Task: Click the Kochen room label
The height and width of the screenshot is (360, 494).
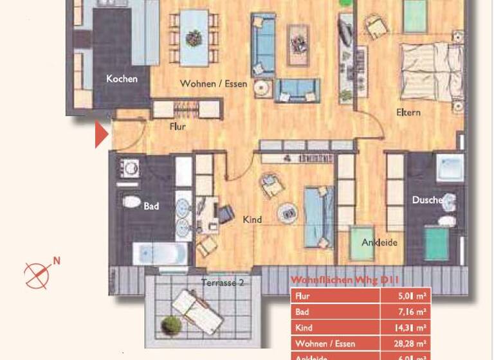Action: pos(122,79)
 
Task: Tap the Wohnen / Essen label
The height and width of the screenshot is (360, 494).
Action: pos(214,84)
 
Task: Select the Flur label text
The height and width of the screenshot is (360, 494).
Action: pos(178,127)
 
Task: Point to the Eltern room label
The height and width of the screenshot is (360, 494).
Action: pos(408,113)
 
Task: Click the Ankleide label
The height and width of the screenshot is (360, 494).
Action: pos(379,242)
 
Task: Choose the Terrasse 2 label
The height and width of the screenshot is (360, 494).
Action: pos(222,282)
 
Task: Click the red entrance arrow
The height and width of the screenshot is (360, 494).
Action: pos(101,135)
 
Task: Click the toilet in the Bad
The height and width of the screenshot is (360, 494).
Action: pos(131,203)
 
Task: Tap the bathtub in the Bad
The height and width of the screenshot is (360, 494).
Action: pos(160,253)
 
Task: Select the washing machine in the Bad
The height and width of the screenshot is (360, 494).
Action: pos(131,169)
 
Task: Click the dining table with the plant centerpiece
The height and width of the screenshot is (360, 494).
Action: pos(194,39)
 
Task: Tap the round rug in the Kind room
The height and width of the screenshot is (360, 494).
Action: pos(288,212)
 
